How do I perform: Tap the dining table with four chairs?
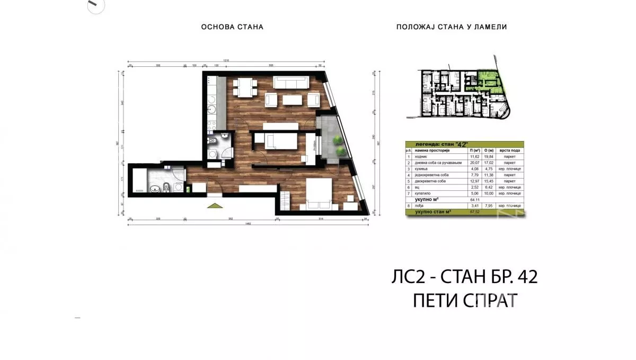point(244,87)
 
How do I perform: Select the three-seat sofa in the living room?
point(290,82)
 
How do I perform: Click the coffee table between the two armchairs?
point(291,100)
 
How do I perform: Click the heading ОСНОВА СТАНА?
point(232,27)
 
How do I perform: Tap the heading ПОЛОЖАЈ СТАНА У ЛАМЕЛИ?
point(452,27)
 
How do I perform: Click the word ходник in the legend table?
point(421,157)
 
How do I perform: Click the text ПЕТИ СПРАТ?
point(464,301)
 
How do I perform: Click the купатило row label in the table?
point(422,194)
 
